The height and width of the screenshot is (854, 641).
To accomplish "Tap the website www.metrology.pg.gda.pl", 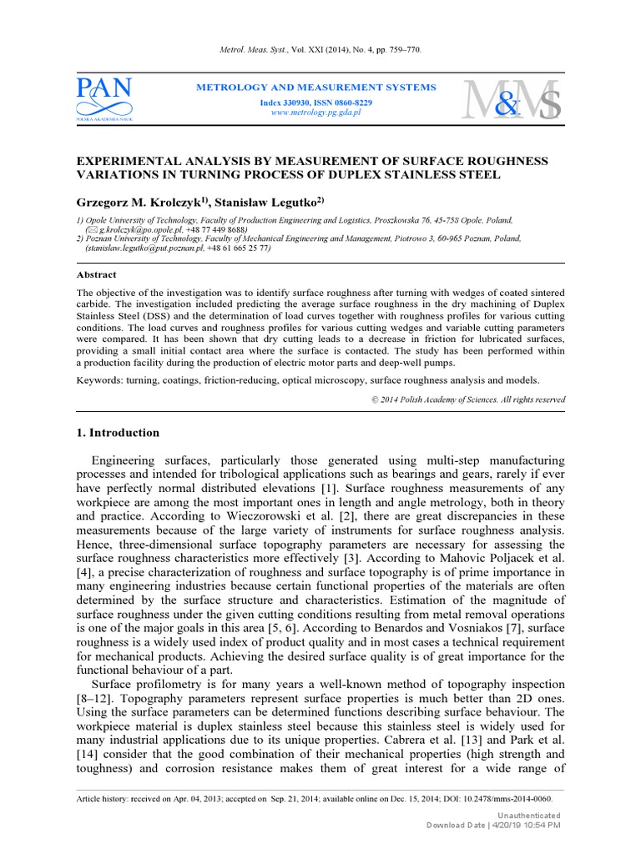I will (315, 113).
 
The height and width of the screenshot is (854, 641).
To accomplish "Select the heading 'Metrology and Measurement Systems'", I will (315, 88).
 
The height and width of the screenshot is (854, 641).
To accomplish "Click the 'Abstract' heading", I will (97, 274).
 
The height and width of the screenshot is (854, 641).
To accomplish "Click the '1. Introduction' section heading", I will (118, 433).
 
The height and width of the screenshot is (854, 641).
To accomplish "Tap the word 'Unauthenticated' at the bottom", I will (528, 815).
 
